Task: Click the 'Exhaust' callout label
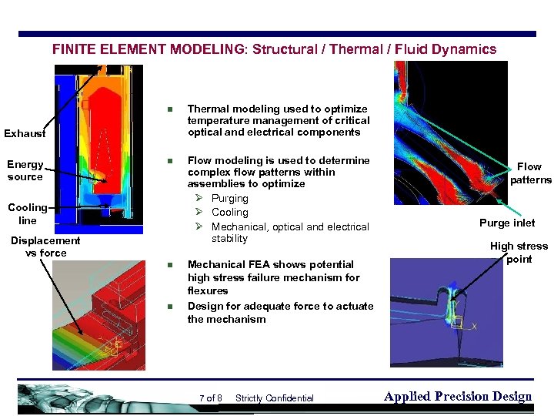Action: (x=25, y=133)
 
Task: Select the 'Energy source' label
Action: (x=25, y=170)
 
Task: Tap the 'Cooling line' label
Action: (x=28, y=213)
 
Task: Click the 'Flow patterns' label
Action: (x=529, y=173)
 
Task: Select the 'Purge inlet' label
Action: (x=507, y=223)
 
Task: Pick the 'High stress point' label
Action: (x=519, y=252)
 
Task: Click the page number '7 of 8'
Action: (x=210, y=398)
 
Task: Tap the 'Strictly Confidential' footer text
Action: (x=274, y=398)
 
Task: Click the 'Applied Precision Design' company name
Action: (x=457, y=397)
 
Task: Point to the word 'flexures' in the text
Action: (x=208, y=290)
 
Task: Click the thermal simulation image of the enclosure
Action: (x=98, y=148)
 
